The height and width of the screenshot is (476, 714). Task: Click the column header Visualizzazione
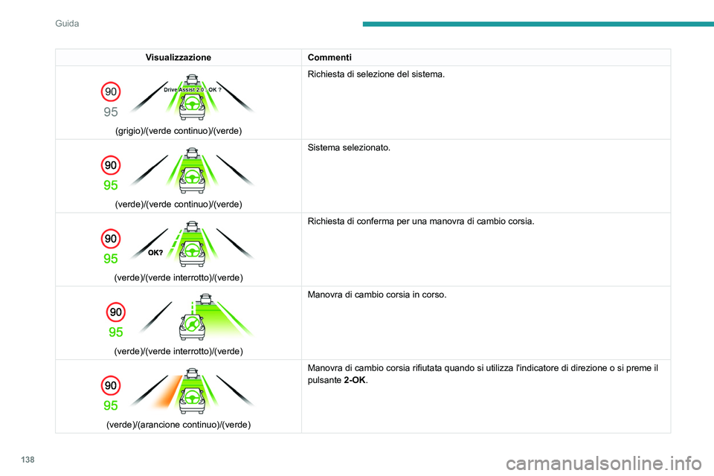(x=178, y=57)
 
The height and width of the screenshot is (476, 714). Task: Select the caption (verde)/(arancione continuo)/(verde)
(x=178, y=424)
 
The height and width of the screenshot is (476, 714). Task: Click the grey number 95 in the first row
(x=111, y=112)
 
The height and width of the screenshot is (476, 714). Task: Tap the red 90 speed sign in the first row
(x=110, y=91)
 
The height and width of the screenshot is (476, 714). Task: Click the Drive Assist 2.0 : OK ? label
(x=193, y=89)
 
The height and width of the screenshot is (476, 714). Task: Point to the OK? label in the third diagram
(x=155, y=252)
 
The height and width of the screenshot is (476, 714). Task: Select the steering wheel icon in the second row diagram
(x=193, y=178)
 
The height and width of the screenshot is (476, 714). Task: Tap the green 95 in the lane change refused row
(x=111, y=405)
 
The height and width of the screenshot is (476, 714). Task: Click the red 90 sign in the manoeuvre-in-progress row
(x=115, y=311)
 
